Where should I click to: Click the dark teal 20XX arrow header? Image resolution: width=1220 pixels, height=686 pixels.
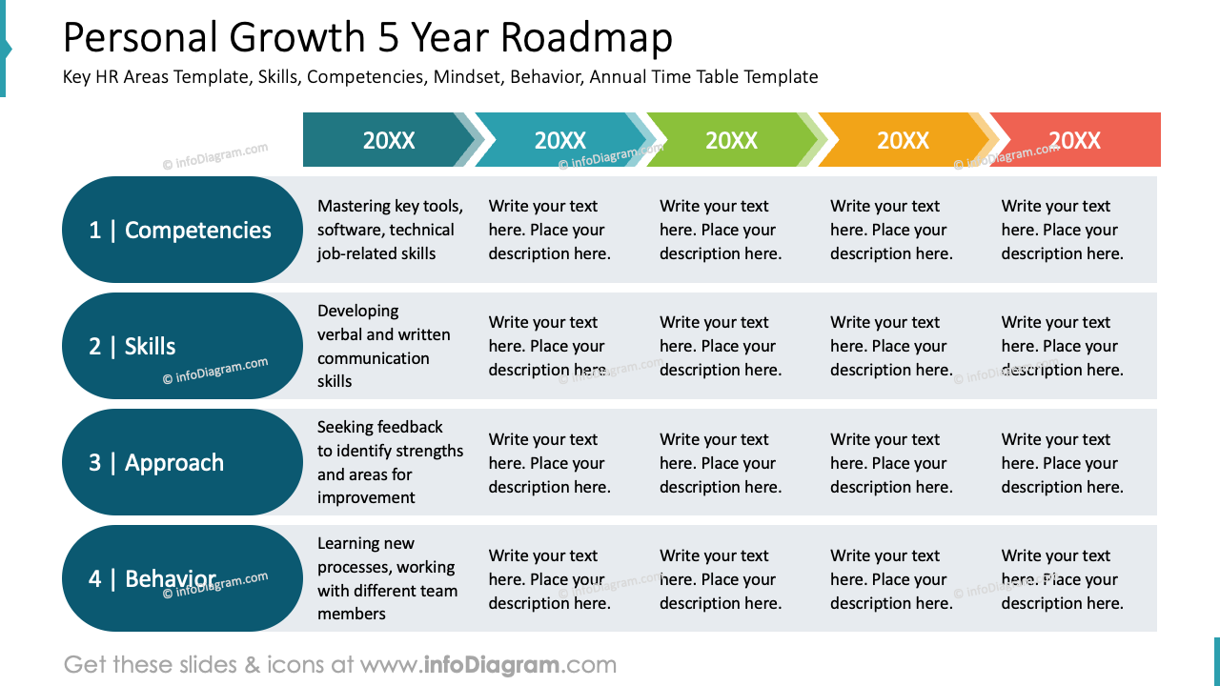coord(388,140)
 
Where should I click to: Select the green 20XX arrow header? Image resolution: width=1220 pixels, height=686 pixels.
coord(731,140)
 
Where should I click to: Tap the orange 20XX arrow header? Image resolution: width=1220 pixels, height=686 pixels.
coord(903,140)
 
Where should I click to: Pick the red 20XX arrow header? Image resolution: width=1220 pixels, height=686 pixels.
coord(1075,140)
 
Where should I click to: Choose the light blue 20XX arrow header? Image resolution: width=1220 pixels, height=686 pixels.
coord(559,140)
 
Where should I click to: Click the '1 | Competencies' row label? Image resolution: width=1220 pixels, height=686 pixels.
coord(181,230)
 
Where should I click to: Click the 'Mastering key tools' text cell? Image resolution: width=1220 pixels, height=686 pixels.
coord(390,230)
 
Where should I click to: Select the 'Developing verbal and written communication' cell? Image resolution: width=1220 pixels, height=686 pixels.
coord(384,346)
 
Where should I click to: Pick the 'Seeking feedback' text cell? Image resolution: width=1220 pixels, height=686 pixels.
coord(390,462)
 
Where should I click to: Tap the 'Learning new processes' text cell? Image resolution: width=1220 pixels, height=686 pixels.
coord(387,578)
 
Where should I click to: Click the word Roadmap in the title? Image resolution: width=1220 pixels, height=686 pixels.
coord(586,38)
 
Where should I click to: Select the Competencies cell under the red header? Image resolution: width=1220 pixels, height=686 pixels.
coord(1062,230)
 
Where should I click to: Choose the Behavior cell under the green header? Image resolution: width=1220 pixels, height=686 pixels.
coord(720,579)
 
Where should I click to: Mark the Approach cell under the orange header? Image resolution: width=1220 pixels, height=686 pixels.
coord(891,463)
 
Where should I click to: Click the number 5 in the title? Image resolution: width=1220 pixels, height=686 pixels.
coord(388,38)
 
